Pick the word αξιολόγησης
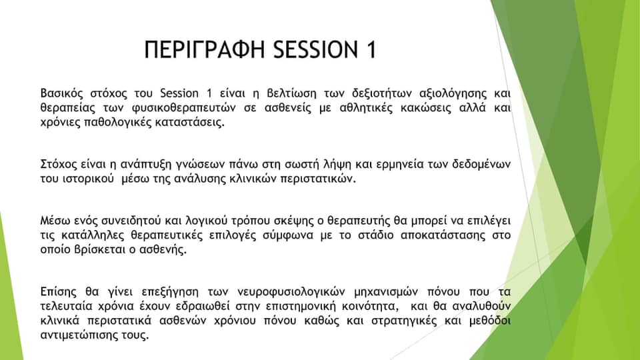[453, 94]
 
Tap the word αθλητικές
[366, 108]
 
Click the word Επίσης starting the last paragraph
[59, 292]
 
